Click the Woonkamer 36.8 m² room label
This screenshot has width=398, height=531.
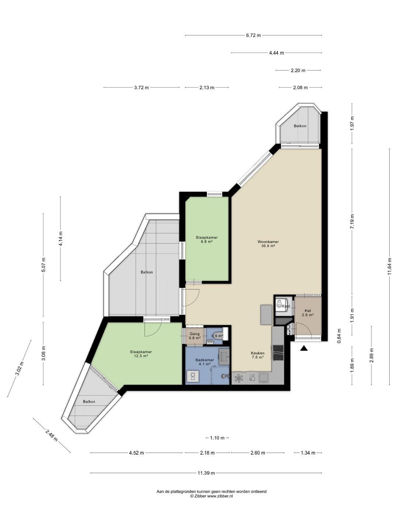(268, 244)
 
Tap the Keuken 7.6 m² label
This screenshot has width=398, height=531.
(257, 355)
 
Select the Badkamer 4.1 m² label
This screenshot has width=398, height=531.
(205, 362)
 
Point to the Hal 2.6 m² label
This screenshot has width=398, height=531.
(308, 313)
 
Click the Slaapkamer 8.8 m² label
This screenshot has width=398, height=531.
(207, 239)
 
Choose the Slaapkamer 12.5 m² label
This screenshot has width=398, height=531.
(141, 354)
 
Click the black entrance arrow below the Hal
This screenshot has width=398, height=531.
(304, 348)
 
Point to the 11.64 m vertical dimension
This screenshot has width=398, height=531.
(389, 266)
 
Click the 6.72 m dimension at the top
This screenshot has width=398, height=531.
(253, 35)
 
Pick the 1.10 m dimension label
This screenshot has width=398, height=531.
(217, 438)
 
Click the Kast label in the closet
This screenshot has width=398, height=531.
(286, 306)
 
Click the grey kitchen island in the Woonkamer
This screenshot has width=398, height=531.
(266, 315)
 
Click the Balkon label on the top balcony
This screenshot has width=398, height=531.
(300, 126)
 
